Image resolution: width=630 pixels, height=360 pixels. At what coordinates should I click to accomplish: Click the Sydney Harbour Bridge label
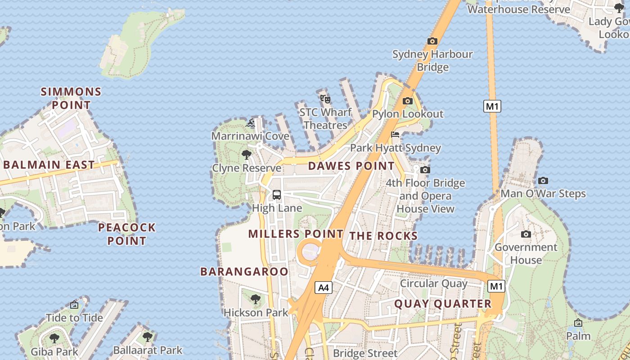(x=432, y=61)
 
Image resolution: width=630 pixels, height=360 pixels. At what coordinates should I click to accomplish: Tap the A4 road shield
(x=324, y=288)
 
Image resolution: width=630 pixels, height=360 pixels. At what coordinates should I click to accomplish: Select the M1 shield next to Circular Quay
(x=496, y=286)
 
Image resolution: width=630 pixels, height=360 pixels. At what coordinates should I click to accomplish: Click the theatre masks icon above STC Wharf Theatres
(x=325, y=99)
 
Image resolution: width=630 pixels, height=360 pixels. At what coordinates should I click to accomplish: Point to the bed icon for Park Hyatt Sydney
(x=395, y=135)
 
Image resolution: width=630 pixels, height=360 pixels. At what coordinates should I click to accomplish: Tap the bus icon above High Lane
(x=276, y=195)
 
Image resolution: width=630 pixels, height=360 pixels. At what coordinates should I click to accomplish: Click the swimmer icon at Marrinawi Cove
(x=251, y=123)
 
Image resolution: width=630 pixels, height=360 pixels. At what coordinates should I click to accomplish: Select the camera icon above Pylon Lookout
(x=408, y=101)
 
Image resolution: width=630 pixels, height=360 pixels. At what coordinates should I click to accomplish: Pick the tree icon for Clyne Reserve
(x=246, y=155)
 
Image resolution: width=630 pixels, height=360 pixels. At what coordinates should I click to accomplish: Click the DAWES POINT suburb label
(x=351, y=166)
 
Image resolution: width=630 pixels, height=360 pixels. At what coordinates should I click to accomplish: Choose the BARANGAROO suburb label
(x=244, y=271)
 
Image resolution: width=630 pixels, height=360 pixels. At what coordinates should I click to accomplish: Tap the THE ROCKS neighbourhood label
(x=383, y=236)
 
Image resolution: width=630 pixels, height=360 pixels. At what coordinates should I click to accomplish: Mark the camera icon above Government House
(x=526, y=234)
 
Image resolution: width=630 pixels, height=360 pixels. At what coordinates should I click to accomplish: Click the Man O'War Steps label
(x=543, y=194)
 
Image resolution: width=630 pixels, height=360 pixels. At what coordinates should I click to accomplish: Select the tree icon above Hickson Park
(x=255, y=299)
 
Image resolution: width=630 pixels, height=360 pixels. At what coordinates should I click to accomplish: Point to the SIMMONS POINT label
(x=71, y=99)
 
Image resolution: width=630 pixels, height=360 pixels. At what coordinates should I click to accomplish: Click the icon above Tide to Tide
(x=74, y=305)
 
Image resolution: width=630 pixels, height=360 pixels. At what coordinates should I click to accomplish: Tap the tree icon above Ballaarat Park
(x=147, y=337)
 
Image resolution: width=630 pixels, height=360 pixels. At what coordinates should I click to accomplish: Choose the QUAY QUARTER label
(x=443, y=304)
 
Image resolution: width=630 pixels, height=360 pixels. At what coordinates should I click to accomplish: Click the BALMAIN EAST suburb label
(x=49, y=165)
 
